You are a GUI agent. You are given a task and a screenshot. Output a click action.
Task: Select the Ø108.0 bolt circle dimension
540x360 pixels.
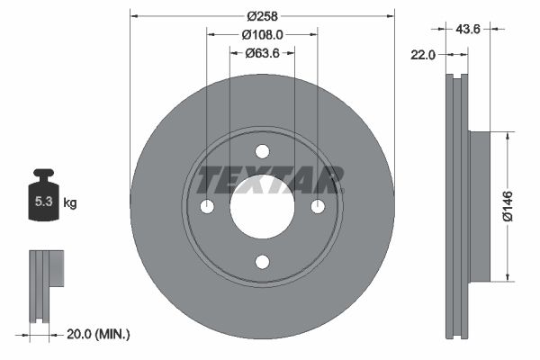[x=263, y=35]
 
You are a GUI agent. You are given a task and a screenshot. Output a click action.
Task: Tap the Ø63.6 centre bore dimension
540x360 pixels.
[x=263, y=53]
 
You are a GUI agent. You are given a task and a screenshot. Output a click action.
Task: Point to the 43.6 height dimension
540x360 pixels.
[x=468, y=30]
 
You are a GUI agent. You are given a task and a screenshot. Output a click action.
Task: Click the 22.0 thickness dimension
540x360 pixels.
[x=422, y=55]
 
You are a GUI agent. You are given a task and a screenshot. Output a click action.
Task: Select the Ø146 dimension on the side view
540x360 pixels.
[x=508, y=206]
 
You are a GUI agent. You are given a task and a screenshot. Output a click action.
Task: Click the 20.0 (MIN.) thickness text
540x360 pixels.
[x=99, y=334]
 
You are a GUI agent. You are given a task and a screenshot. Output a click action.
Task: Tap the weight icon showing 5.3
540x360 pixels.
[x=43, y=202]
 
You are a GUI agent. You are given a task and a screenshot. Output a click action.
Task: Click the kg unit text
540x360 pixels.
[x=69, y=203]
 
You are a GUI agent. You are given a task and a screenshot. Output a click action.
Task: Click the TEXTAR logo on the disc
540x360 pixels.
[x=269, y=180]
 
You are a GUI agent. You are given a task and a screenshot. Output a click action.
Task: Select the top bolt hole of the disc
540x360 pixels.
[x=262, y=151]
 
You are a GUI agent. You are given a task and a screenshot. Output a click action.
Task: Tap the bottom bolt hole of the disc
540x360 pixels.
[x=262, y=262]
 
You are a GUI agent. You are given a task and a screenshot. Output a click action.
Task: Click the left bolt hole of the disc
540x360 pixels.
[x=207, y=206]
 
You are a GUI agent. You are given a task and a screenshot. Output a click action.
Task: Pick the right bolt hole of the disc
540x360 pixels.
[x=318, y=206]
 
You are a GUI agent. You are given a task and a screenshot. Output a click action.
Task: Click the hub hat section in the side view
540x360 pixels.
[x=479, y=206]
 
